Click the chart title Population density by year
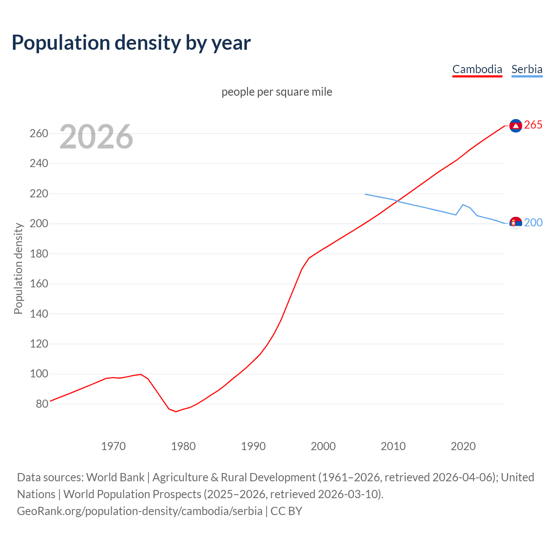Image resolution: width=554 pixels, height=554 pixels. (131, 43)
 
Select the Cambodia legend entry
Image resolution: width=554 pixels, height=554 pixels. (477, 69)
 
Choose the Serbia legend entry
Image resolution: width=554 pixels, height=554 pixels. (527, 69)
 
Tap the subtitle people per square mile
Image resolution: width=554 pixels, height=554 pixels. (277, 92)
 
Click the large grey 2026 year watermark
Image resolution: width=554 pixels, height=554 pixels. (96, 137)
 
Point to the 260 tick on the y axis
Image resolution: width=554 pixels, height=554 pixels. (39, 133)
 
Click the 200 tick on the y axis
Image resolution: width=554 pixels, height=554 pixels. (39, 224)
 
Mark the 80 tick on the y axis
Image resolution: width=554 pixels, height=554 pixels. (42, 404)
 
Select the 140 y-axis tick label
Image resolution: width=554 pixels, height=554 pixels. (39, 314)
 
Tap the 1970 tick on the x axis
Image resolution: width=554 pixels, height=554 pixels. (113, 446)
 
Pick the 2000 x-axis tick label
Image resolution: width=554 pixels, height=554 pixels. (323, 446)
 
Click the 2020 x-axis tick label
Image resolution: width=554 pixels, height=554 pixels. (463, 446)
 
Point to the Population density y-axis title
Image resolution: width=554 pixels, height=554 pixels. (18, 268)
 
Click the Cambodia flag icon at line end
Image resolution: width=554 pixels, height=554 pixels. (515, 126)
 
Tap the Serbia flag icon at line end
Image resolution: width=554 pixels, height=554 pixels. (515, 223)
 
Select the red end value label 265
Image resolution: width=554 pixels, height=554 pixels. (533, 125)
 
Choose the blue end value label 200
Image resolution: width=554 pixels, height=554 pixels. (533, 222)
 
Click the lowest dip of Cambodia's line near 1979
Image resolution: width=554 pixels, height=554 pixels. (176, 411)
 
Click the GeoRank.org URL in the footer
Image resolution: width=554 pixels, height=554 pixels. (139, 511)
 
